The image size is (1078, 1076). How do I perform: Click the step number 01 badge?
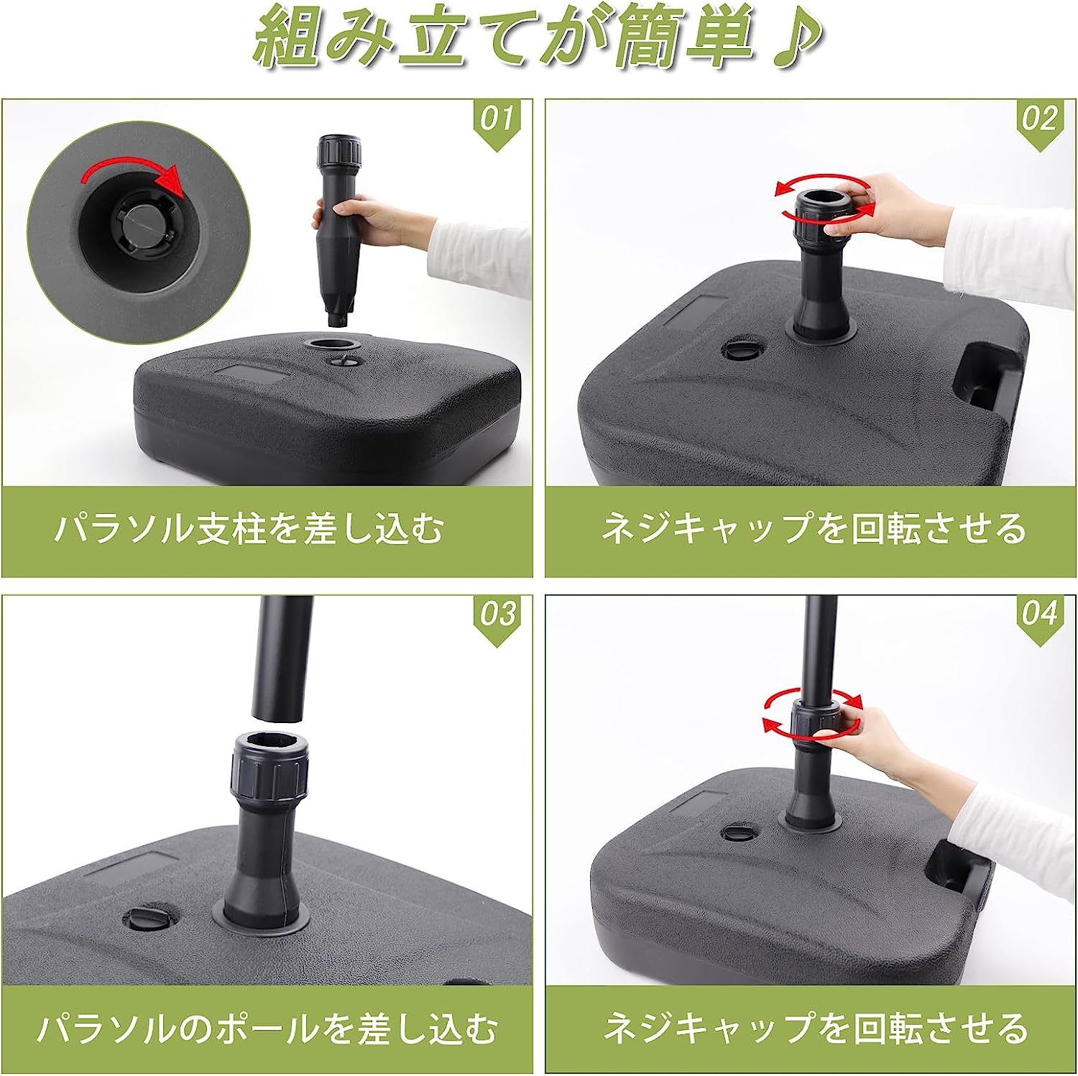click(498, 121)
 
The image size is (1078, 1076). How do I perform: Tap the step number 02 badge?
click(1039, 121)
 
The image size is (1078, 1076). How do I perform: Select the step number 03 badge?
click(498, 617)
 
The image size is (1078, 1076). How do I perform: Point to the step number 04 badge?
click(1039, 617)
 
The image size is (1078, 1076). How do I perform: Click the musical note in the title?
click(791, 39)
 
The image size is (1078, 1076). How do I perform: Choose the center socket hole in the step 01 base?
click(331, 344)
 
